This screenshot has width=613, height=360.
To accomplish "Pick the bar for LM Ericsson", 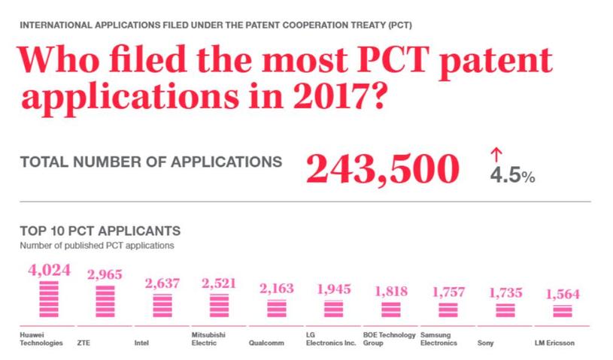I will pyautogui.click(x=557, y=310).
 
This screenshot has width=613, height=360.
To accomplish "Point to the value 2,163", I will pyautogui.click(x=276, y=289).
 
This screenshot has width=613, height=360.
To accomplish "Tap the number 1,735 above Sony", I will pyautogui.click(x=505, y=293).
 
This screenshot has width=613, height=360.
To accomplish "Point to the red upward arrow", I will pyautogui.click(x=495, y=155).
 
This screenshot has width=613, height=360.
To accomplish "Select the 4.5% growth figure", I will pyautogui.click(x=511, y=177).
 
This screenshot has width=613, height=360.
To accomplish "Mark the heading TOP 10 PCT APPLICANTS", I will pyautogui.click(x=100, y=231).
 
